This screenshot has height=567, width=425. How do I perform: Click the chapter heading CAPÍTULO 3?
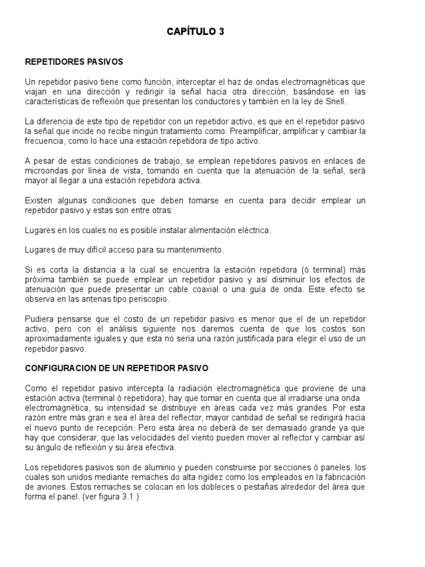pos(195,32)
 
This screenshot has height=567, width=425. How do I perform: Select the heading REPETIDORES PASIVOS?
pos(74,61)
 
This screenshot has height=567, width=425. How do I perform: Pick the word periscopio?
pos(162,299)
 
